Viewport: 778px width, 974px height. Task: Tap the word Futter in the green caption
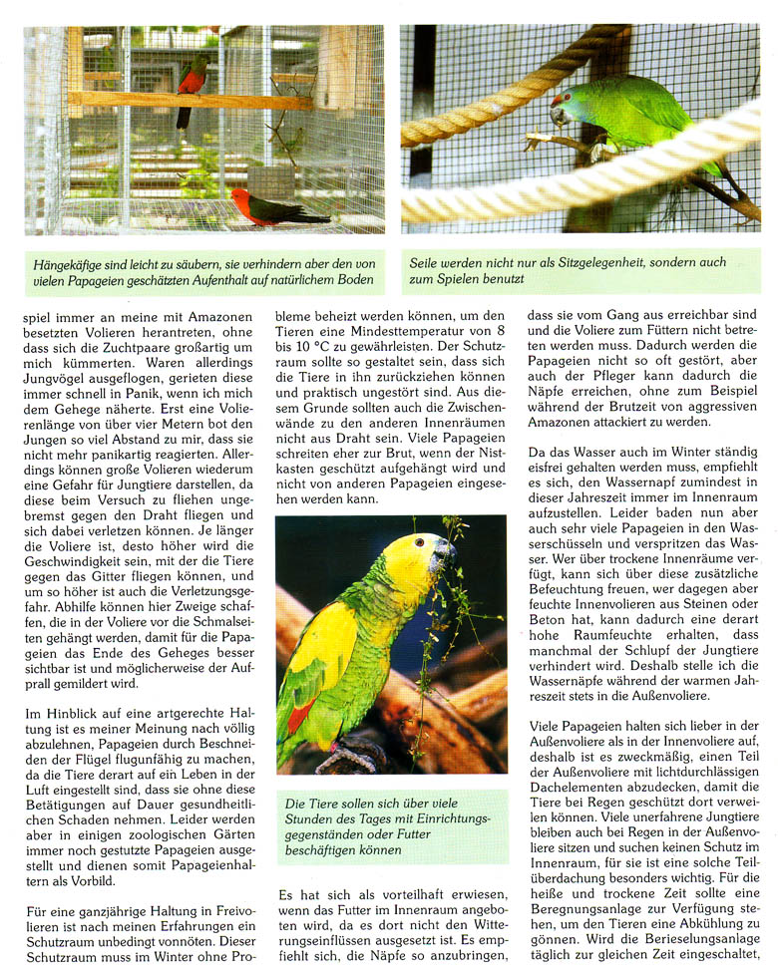(466, 833)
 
